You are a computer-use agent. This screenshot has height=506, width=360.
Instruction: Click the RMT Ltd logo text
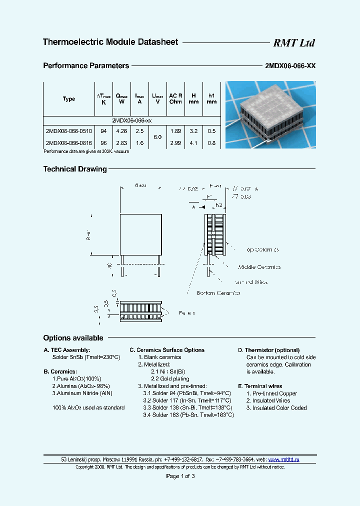pos(293,43)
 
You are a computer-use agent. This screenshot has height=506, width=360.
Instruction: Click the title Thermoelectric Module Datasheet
pos(110,42)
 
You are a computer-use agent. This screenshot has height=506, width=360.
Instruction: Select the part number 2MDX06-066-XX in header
pos(289,65)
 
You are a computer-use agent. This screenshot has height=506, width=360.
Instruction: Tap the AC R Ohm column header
pos(175,98)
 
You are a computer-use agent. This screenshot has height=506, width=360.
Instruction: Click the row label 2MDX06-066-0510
pos(68,131)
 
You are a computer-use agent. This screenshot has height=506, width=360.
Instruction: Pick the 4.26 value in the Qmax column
pos(121,131)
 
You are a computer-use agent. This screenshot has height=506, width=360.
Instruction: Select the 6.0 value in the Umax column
pos(157,136)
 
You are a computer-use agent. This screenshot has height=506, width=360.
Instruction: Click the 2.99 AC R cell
pos(175,142)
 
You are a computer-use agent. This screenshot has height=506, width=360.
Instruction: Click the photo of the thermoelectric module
pos(270,115)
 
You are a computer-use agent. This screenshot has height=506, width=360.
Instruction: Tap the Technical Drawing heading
pos(75,169)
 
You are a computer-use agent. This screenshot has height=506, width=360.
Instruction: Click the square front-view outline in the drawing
pos(140,234)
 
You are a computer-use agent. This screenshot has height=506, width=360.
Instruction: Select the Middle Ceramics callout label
pos(259,267)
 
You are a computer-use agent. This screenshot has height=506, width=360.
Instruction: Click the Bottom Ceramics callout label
pos(218,293)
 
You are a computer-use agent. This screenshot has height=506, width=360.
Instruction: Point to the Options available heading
pos(73,338)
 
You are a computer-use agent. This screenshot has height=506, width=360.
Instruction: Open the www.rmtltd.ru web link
pos(283,459)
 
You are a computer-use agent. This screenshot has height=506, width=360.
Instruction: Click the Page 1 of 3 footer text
pos(180,476)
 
